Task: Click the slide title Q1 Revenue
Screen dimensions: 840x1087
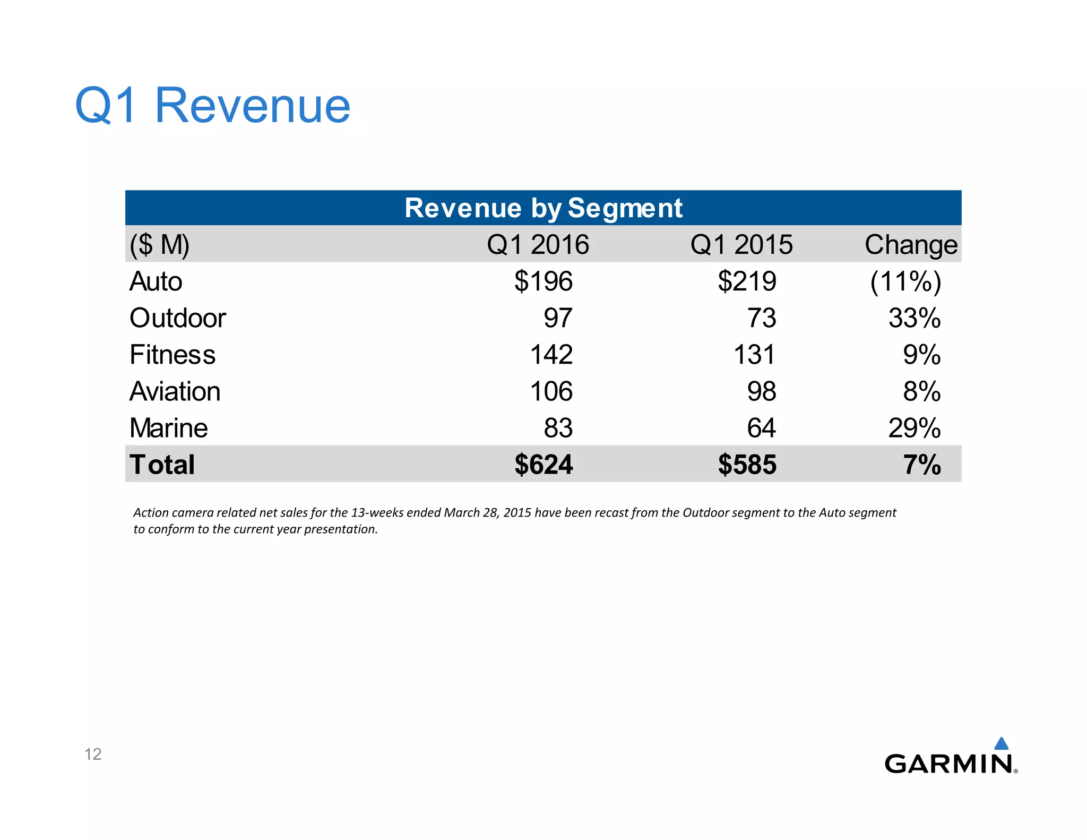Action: [x=212, y=106]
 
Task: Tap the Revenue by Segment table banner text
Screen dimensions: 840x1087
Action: [x=543, y=208]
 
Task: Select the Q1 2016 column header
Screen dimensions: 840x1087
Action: [x=538, y=245]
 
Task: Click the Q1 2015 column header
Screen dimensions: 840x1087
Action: [x=741, y=245]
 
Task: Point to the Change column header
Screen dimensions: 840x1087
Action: [x=911, y=245]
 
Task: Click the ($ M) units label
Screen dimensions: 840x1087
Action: [x=159, y=245]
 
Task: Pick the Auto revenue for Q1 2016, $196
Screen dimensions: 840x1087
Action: [x=543, y=281]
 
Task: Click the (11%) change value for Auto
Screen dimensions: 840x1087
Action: [x=905, y=281]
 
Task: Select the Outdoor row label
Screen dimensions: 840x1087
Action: [x=178, y=318]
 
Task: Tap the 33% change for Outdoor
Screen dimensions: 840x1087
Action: [x=915, y=318]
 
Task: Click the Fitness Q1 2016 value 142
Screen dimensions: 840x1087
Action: [x=551, y=355]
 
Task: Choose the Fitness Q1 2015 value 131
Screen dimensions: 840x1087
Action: [x=754, y=355]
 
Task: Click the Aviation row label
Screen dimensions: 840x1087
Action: [x=175, y=392]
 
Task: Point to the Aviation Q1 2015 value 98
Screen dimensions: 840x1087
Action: [x=762, y=392]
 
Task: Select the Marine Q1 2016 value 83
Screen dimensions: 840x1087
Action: [x=558, y=428]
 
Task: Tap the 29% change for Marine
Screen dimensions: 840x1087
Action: [x=915, y=428]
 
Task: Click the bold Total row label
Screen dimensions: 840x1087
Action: [x=162, y=465]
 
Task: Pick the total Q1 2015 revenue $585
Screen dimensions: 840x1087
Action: [x=747, y=465]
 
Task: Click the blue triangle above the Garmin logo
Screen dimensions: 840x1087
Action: [x=1001, y=743]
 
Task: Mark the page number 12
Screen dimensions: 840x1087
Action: [x=93, y=754]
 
